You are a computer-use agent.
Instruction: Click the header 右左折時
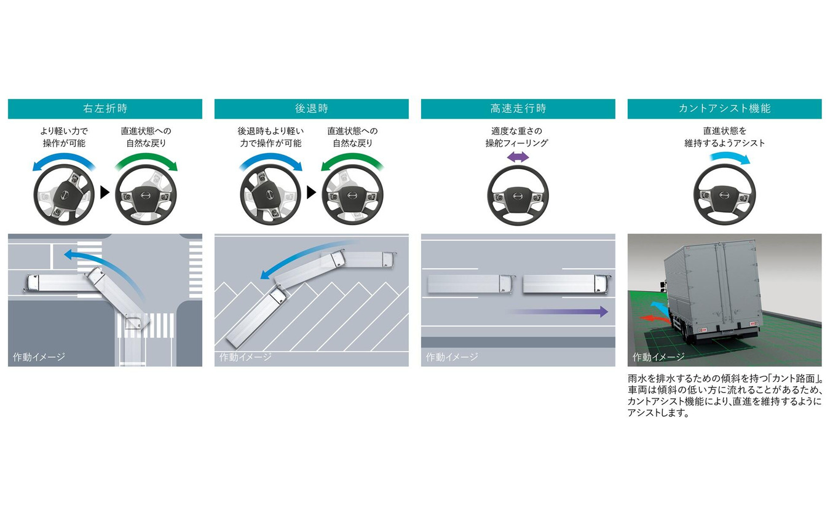pos(105,109)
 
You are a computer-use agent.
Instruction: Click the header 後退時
pos(312,109)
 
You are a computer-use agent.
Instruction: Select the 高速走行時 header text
pos(518,109)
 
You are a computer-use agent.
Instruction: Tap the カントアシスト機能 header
pos(724,109)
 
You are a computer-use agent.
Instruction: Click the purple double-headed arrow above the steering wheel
pos(518,157)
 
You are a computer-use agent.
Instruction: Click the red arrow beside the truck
pos(655,319)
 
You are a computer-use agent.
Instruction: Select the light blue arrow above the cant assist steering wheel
pos(730,158)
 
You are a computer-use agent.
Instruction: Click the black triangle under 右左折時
pos(105,192)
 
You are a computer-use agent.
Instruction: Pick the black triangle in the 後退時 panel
pos(311,192)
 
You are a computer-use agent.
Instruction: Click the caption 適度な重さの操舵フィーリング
pos(517,137)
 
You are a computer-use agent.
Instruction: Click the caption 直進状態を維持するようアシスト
pos(724,137)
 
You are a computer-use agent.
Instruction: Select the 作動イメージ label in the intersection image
pos(39,357)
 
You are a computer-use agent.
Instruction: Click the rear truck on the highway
pos(470,284)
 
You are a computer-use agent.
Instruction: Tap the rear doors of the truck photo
pos(724,287)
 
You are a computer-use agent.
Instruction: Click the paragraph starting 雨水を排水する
pos(724,395)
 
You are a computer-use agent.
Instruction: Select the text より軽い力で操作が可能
pos(64,137)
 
